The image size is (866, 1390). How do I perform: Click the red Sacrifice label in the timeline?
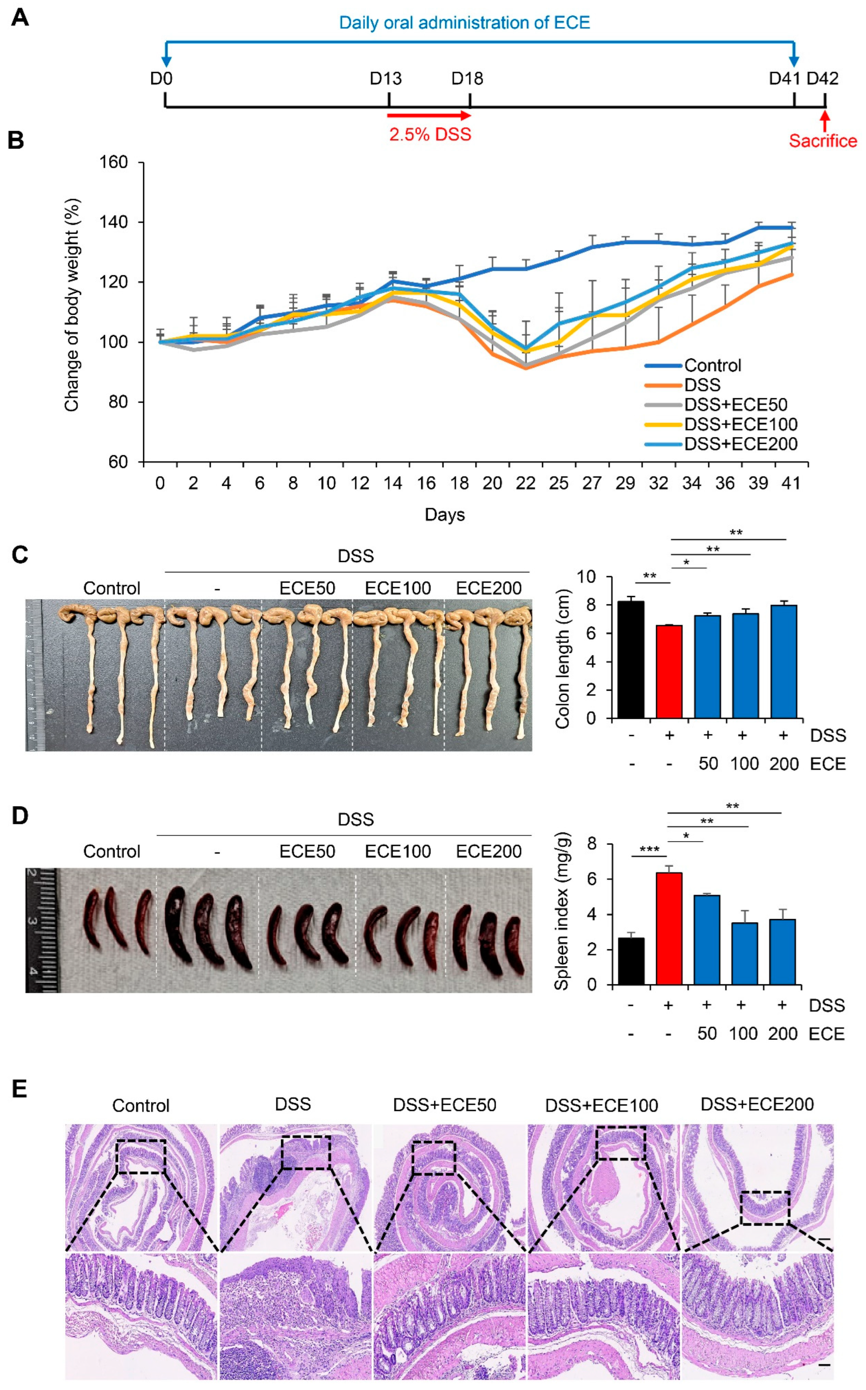point(822,141)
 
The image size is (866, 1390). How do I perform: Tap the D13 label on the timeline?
point(385,79)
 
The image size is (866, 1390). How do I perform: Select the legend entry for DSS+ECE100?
point(740,424)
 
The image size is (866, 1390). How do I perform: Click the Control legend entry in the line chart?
point(712,365)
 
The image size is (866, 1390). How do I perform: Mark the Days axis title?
point(444,515)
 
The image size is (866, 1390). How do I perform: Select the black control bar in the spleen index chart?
point(631,961)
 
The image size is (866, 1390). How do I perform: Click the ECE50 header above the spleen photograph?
point(307,851)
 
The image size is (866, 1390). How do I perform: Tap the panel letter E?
point(20,1089)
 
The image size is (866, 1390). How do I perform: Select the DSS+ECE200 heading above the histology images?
point(757,1104)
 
